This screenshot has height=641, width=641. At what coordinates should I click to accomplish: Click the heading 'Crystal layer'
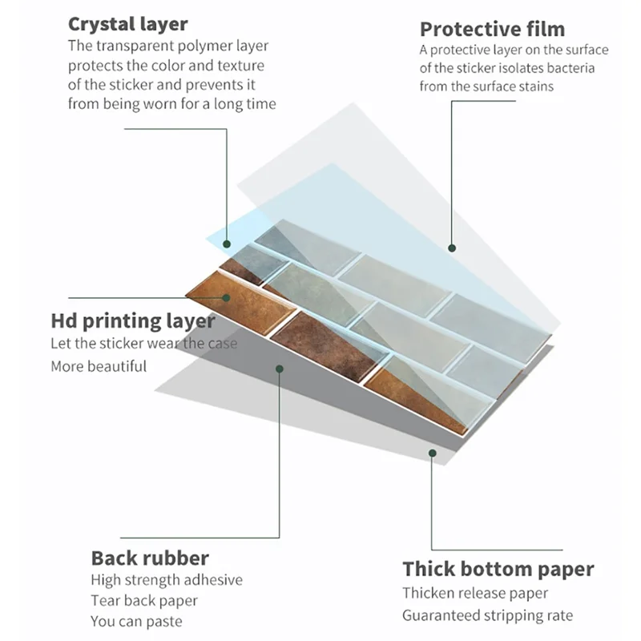click(x=128, y=25)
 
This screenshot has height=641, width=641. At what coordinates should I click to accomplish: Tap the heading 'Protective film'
click(x=493, y=30)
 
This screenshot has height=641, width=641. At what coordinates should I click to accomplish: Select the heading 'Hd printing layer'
click(x=133, y=321)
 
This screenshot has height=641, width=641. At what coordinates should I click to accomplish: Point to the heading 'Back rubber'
click(x=150, y=558)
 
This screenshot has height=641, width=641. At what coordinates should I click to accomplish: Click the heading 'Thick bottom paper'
click(x=498, y=569)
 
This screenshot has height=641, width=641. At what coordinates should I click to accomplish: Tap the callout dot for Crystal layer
click(x=227, y=244)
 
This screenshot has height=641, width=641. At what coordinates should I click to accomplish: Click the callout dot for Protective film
click(x=452, y=248)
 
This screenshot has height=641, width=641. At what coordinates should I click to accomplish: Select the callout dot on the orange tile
click(x=226, y=298)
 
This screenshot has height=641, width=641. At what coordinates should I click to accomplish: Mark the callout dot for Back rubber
click(x=280, y=369)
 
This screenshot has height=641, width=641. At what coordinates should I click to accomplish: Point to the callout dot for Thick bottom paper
click(x=433, y=453)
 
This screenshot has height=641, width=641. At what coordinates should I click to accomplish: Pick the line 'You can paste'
click(x=136, y=622)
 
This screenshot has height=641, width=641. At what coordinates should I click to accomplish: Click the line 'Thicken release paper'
click(x=475, y=593)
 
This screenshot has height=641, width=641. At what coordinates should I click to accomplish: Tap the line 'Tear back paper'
click(x=144, y=601)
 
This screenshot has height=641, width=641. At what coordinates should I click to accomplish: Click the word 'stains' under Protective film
click(x=535, y=87)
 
